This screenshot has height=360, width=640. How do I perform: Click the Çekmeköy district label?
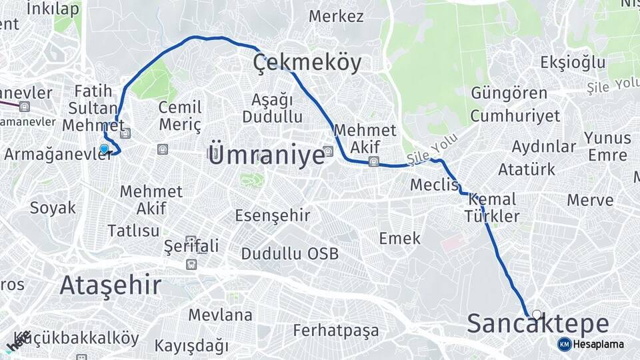tap(307, 63)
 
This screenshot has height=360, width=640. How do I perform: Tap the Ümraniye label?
tap(266, 155)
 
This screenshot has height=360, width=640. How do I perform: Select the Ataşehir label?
tap(110, 285)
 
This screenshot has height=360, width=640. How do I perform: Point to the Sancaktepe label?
tap(537, 324)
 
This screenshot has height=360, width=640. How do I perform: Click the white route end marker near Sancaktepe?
tap(537, 313)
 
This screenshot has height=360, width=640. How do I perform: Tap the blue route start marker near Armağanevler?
tap(104, 149)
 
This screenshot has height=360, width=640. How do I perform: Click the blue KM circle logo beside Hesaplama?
tap(564, 344)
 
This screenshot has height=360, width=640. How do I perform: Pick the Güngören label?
tap(509, 93)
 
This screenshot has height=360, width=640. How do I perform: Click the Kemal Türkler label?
tap(492, 207)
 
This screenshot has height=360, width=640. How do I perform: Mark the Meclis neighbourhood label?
tap(435, 185)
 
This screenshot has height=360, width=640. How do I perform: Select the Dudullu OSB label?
tap(289, 253)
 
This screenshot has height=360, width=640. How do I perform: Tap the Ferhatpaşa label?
tap(335, 330)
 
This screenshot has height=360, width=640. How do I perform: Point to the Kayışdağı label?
tap(191, 346)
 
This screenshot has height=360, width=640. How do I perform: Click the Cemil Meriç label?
tap(180, 116)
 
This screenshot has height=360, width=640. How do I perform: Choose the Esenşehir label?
tap(273, 215)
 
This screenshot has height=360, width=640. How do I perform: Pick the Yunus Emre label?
tap(607, 146)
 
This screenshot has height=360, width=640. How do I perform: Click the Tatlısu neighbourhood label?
tap(134, 231)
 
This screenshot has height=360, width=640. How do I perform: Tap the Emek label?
tap(400, 238)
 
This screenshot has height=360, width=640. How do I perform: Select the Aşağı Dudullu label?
tap(272, 108)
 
